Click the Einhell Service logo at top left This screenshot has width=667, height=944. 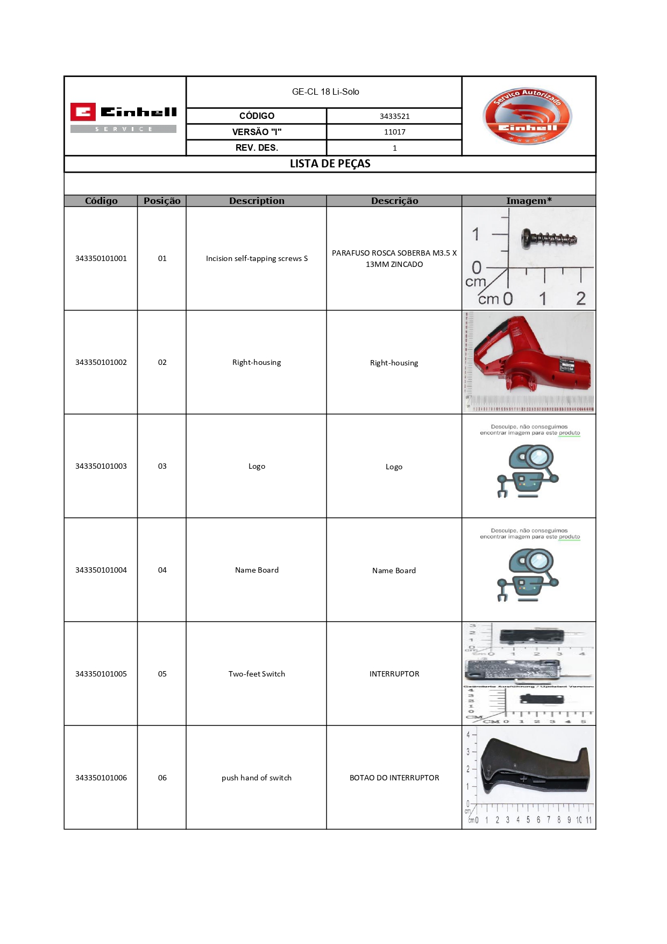(124, 117)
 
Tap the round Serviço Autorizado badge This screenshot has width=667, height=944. (528, 116)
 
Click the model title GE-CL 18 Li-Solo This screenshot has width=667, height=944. (325, 92)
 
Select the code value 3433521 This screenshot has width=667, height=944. (394, 116)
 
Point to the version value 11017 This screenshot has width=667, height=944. (394, 132)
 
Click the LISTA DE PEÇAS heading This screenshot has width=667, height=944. (330, 164)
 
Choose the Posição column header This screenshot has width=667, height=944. (162, 201)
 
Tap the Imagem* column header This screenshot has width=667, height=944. (529, 201)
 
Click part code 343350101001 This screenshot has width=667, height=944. (101, 258)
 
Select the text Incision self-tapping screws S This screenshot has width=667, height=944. (257, 258)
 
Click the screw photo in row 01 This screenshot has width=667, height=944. (549, 237)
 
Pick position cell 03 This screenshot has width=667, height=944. (162, 466)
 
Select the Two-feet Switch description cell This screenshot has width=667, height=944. (257, 674)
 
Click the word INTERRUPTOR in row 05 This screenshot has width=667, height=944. (394, 674)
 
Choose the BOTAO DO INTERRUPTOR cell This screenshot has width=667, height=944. (394, 778)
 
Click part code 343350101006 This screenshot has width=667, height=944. (101, 778)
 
